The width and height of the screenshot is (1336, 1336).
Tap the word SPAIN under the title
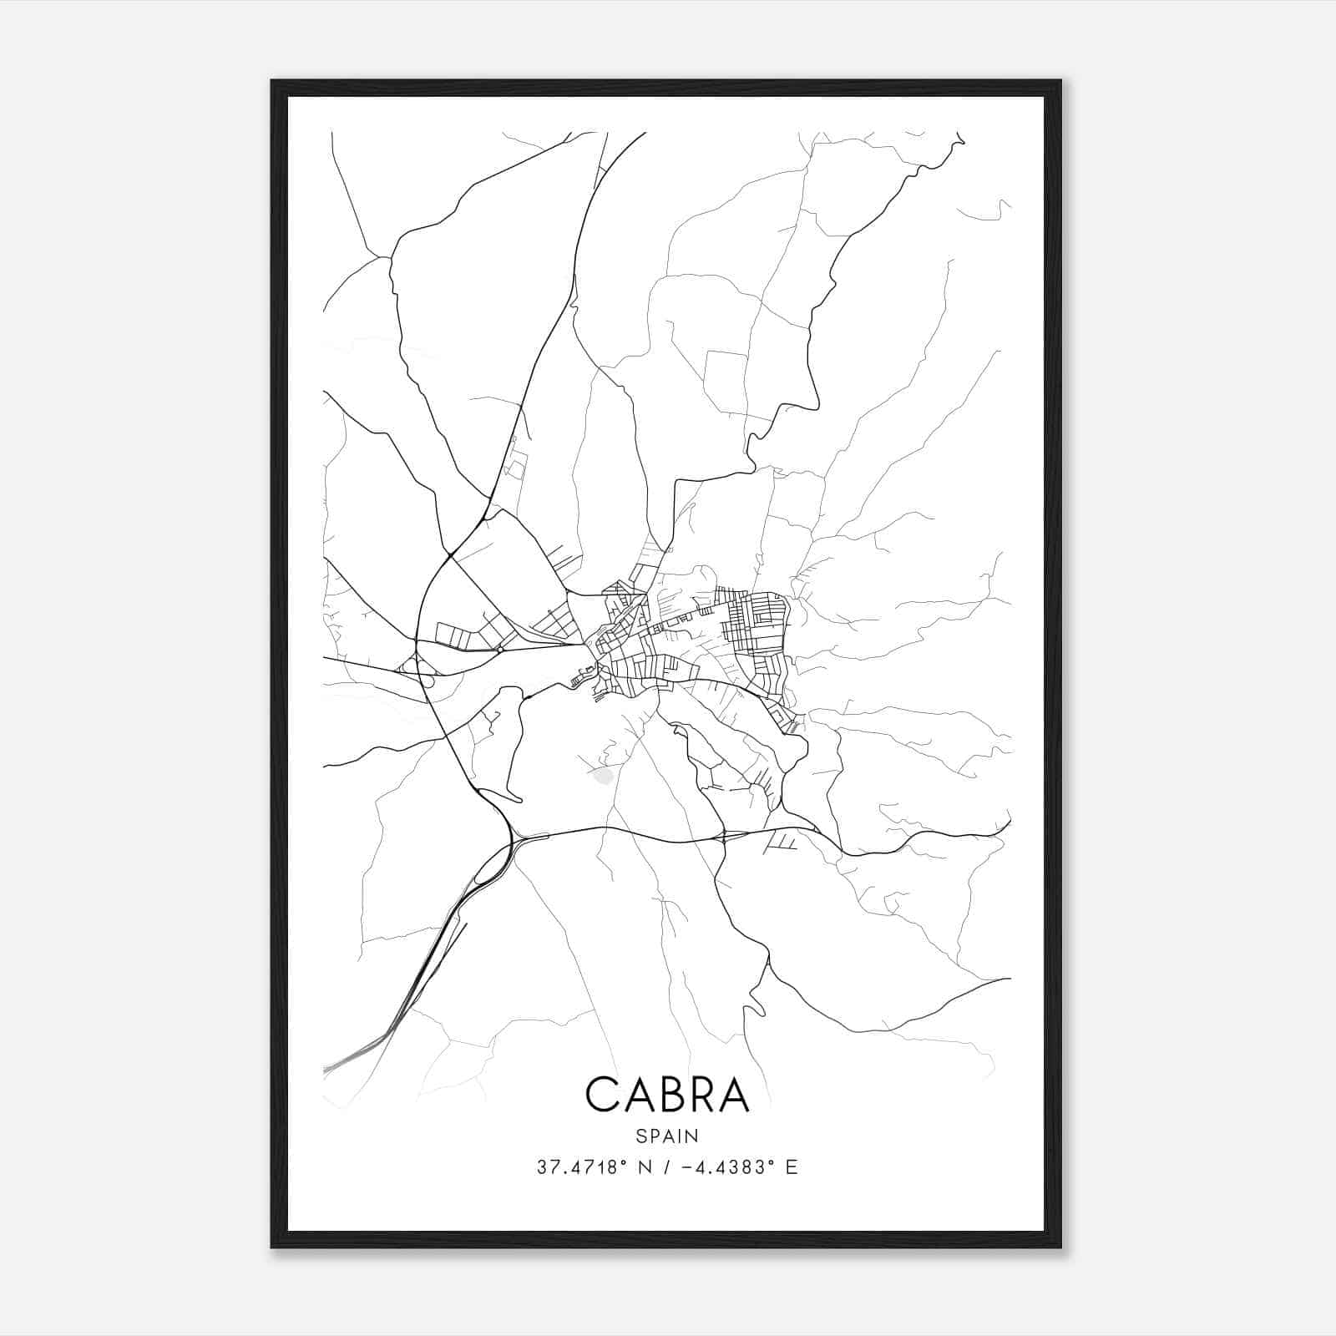point(667,1136)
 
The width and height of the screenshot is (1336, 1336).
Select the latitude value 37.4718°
point(581,1167)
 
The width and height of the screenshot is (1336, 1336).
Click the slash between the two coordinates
point(664,1167)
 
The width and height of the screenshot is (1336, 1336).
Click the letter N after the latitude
point(645,1167)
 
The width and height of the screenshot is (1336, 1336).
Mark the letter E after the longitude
point(791,1167)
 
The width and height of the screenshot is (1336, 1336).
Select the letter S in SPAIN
point(640,1136)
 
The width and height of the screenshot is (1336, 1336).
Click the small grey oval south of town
point(602,776)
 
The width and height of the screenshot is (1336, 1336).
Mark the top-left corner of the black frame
point(272,81)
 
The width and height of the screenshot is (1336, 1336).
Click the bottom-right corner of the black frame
point(1060,1247)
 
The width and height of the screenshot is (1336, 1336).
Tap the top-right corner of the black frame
point(1060,81)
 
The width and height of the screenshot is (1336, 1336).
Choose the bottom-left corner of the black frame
point(272,1247)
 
